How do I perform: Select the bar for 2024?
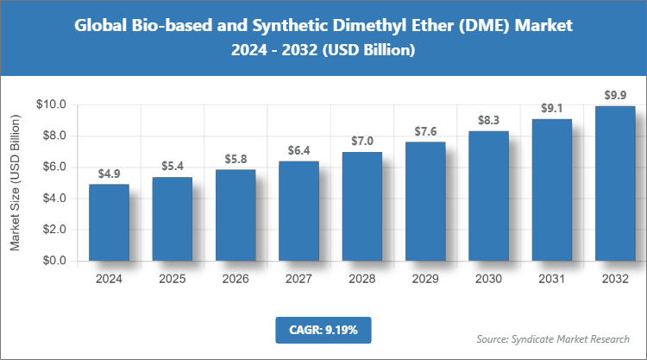tap(109, 223)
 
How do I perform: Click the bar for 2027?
tap(298, 212)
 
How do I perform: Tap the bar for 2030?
tap(488, 196)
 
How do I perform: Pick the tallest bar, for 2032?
tap(614, 184)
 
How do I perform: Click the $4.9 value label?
tap(109, 174)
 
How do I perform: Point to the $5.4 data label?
tap(173, 166)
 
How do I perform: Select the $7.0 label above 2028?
tap(361, 141)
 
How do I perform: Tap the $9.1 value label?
tap(551, 108)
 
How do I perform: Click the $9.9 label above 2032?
tap(614, 95)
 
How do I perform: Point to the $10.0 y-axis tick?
tap(52, 104)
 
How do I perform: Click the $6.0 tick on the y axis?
tap(54, 167)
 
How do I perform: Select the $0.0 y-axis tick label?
tap(54, 261)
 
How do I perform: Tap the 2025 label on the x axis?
tap(173, 279)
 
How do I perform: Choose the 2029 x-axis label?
tap(424, 279)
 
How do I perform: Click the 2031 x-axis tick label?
tap(551, 279)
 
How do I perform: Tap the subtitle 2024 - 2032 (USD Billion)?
tap(323, 51)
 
